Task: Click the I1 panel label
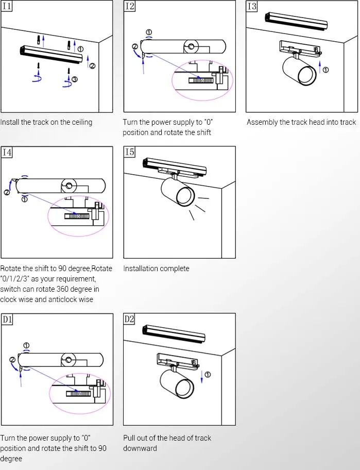pos(7,7)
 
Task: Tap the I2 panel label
pos(130,7)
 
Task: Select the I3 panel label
pos(252,7)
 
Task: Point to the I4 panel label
pos(7,153)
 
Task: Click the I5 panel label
pos(130,153)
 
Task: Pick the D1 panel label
pos(7,320)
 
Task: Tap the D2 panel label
pos(129,320)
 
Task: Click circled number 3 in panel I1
pos(75,79)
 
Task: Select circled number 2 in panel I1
pos(92,66)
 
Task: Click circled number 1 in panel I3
pos(325,70)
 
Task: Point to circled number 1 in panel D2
pos(208,374)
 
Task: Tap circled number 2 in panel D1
pos(12,359)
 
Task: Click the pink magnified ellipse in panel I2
pos(202,80)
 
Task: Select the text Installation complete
pos(156,268)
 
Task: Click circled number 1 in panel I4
pos(24,199)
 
